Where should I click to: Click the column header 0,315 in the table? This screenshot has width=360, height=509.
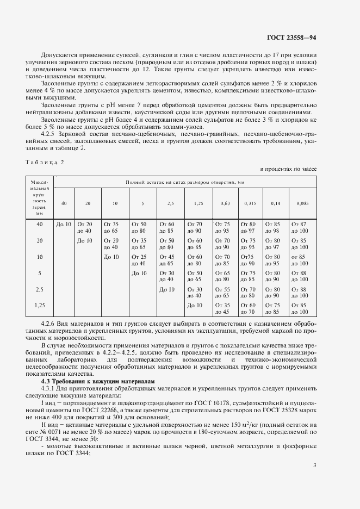250,203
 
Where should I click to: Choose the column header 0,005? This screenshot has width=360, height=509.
302,203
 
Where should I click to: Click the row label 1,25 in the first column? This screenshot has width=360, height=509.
40,305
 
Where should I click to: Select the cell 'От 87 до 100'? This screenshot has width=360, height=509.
300,227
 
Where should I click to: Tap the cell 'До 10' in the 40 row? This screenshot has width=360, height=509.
64,224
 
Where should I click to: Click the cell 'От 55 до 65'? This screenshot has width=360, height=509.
223,293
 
